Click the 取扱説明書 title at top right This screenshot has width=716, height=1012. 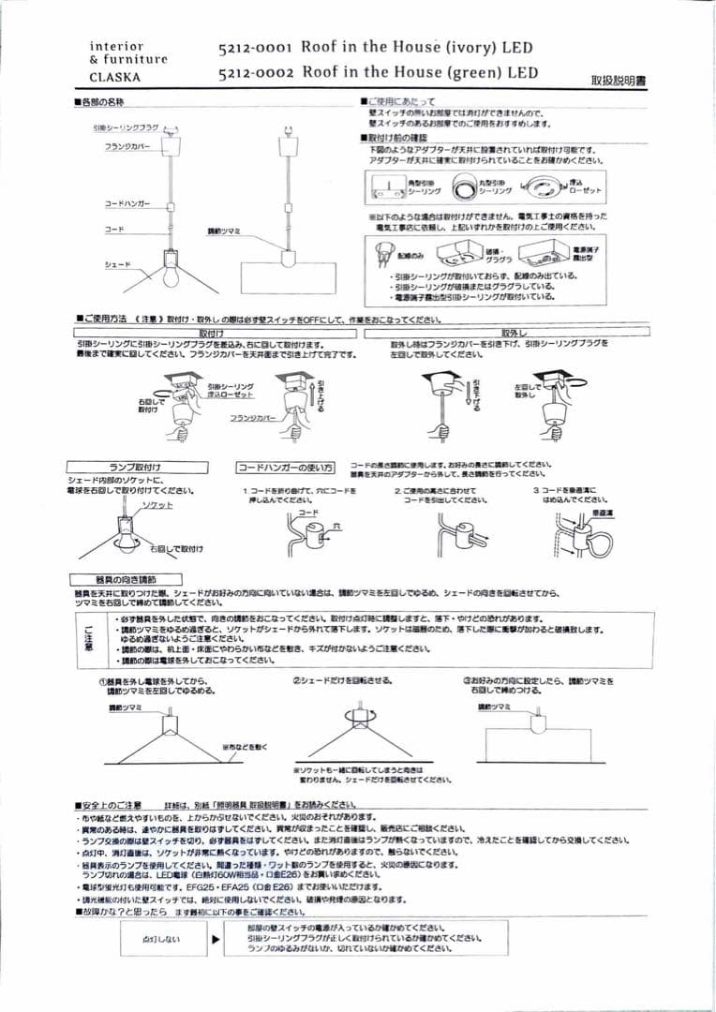click(619, 81)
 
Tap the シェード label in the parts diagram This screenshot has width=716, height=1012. click(117, 265)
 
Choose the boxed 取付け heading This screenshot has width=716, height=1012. click(212, 333)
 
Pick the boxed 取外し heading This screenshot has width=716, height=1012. click(515, 333)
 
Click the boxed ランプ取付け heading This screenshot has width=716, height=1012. click(136, 467)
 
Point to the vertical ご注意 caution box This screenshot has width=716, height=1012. click(89, 640)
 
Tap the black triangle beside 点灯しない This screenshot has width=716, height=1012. click(217, 938)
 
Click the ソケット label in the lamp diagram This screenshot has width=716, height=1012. click(157, 505)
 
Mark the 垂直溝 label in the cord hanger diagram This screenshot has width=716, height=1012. click(602, 513)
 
